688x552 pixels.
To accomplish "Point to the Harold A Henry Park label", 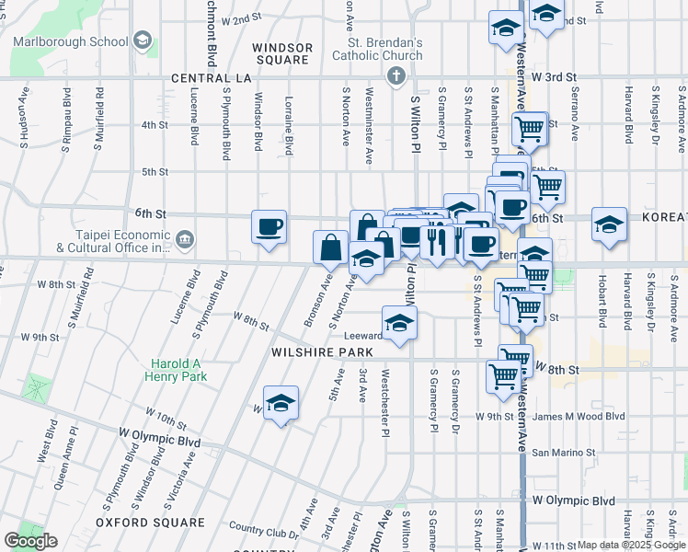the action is point(175,369).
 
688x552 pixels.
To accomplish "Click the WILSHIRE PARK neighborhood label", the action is point(321,352).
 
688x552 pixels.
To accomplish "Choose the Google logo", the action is point(31,541).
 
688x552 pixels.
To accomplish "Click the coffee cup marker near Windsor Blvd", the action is point(269,226).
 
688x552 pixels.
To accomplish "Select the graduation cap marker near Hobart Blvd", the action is point(609,224).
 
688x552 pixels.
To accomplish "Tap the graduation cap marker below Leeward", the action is point(399,324).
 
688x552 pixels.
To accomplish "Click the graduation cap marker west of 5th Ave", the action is point(281,403).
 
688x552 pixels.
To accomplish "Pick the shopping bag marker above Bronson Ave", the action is point(330,247).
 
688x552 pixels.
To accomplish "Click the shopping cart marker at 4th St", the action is point(529,129).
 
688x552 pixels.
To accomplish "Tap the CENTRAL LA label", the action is point(212,79).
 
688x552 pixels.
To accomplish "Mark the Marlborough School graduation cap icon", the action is point(142,40).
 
